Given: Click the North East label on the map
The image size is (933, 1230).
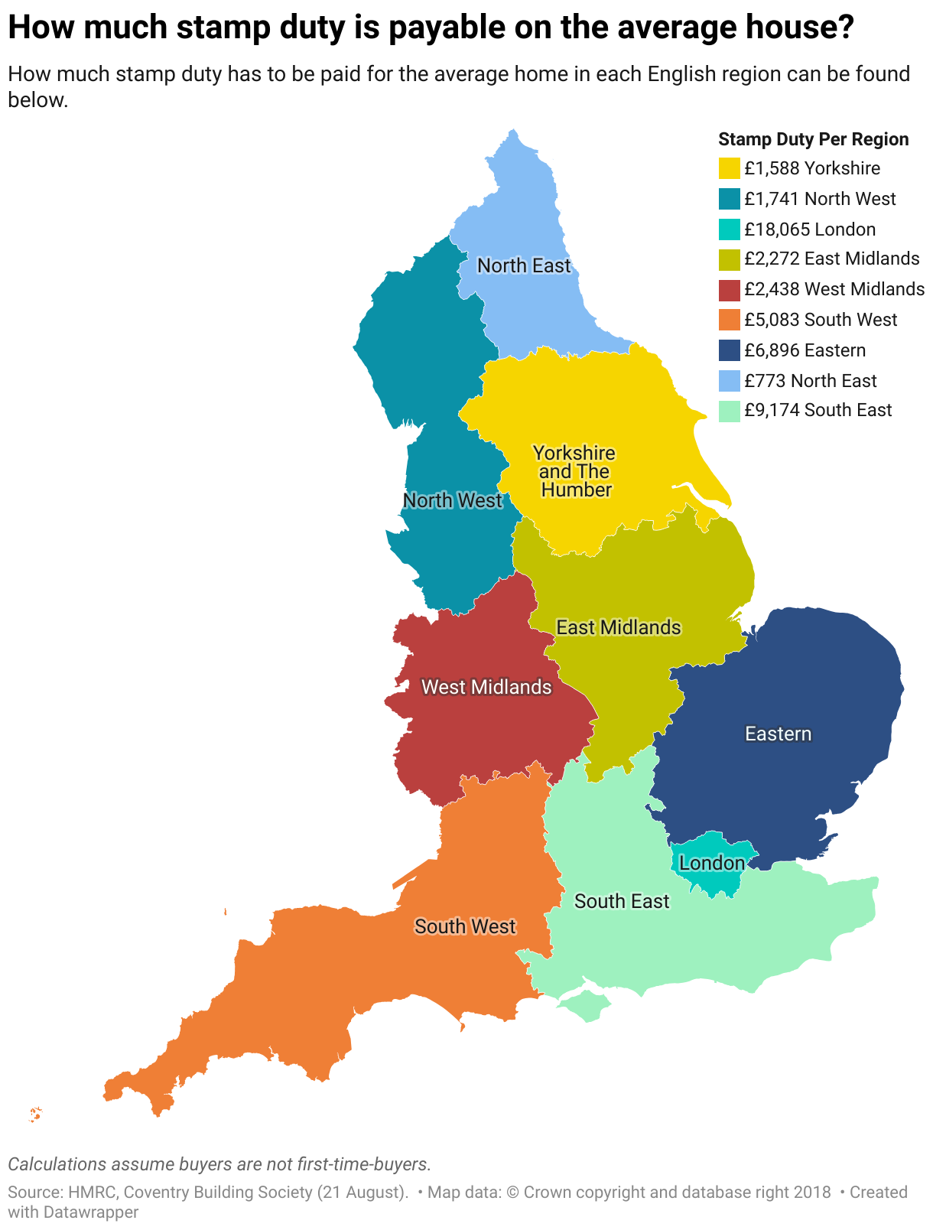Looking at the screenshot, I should pos(524,265).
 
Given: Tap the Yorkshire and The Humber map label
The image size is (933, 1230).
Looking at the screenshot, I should pos(575,471).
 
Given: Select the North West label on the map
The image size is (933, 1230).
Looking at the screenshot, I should pos(453,500).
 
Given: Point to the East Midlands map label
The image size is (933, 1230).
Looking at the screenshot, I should pos(618,627).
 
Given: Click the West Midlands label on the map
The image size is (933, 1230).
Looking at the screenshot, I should pos(486,687).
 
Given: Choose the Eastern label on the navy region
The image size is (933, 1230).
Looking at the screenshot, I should pos(778,734).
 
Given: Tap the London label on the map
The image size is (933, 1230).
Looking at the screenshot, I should pos(712,864).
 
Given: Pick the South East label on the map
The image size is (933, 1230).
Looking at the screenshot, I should pos(622,901).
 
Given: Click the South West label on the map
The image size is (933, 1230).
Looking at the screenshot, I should pos(466,926).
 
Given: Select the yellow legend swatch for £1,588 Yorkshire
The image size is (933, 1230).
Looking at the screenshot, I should pos(730,168).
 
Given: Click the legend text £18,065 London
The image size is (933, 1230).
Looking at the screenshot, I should pos(810,229).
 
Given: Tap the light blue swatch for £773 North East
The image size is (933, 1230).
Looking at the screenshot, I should pos(730,381).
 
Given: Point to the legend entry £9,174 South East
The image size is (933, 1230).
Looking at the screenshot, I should pos(818,410).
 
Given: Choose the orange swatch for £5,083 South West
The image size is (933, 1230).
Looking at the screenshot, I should pos(730,320).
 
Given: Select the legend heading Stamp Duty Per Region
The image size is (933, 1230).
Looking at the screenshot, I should pos(814,139).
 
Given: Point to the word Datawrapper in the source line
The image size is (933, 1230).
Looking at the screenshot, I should pos(90,1212).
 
